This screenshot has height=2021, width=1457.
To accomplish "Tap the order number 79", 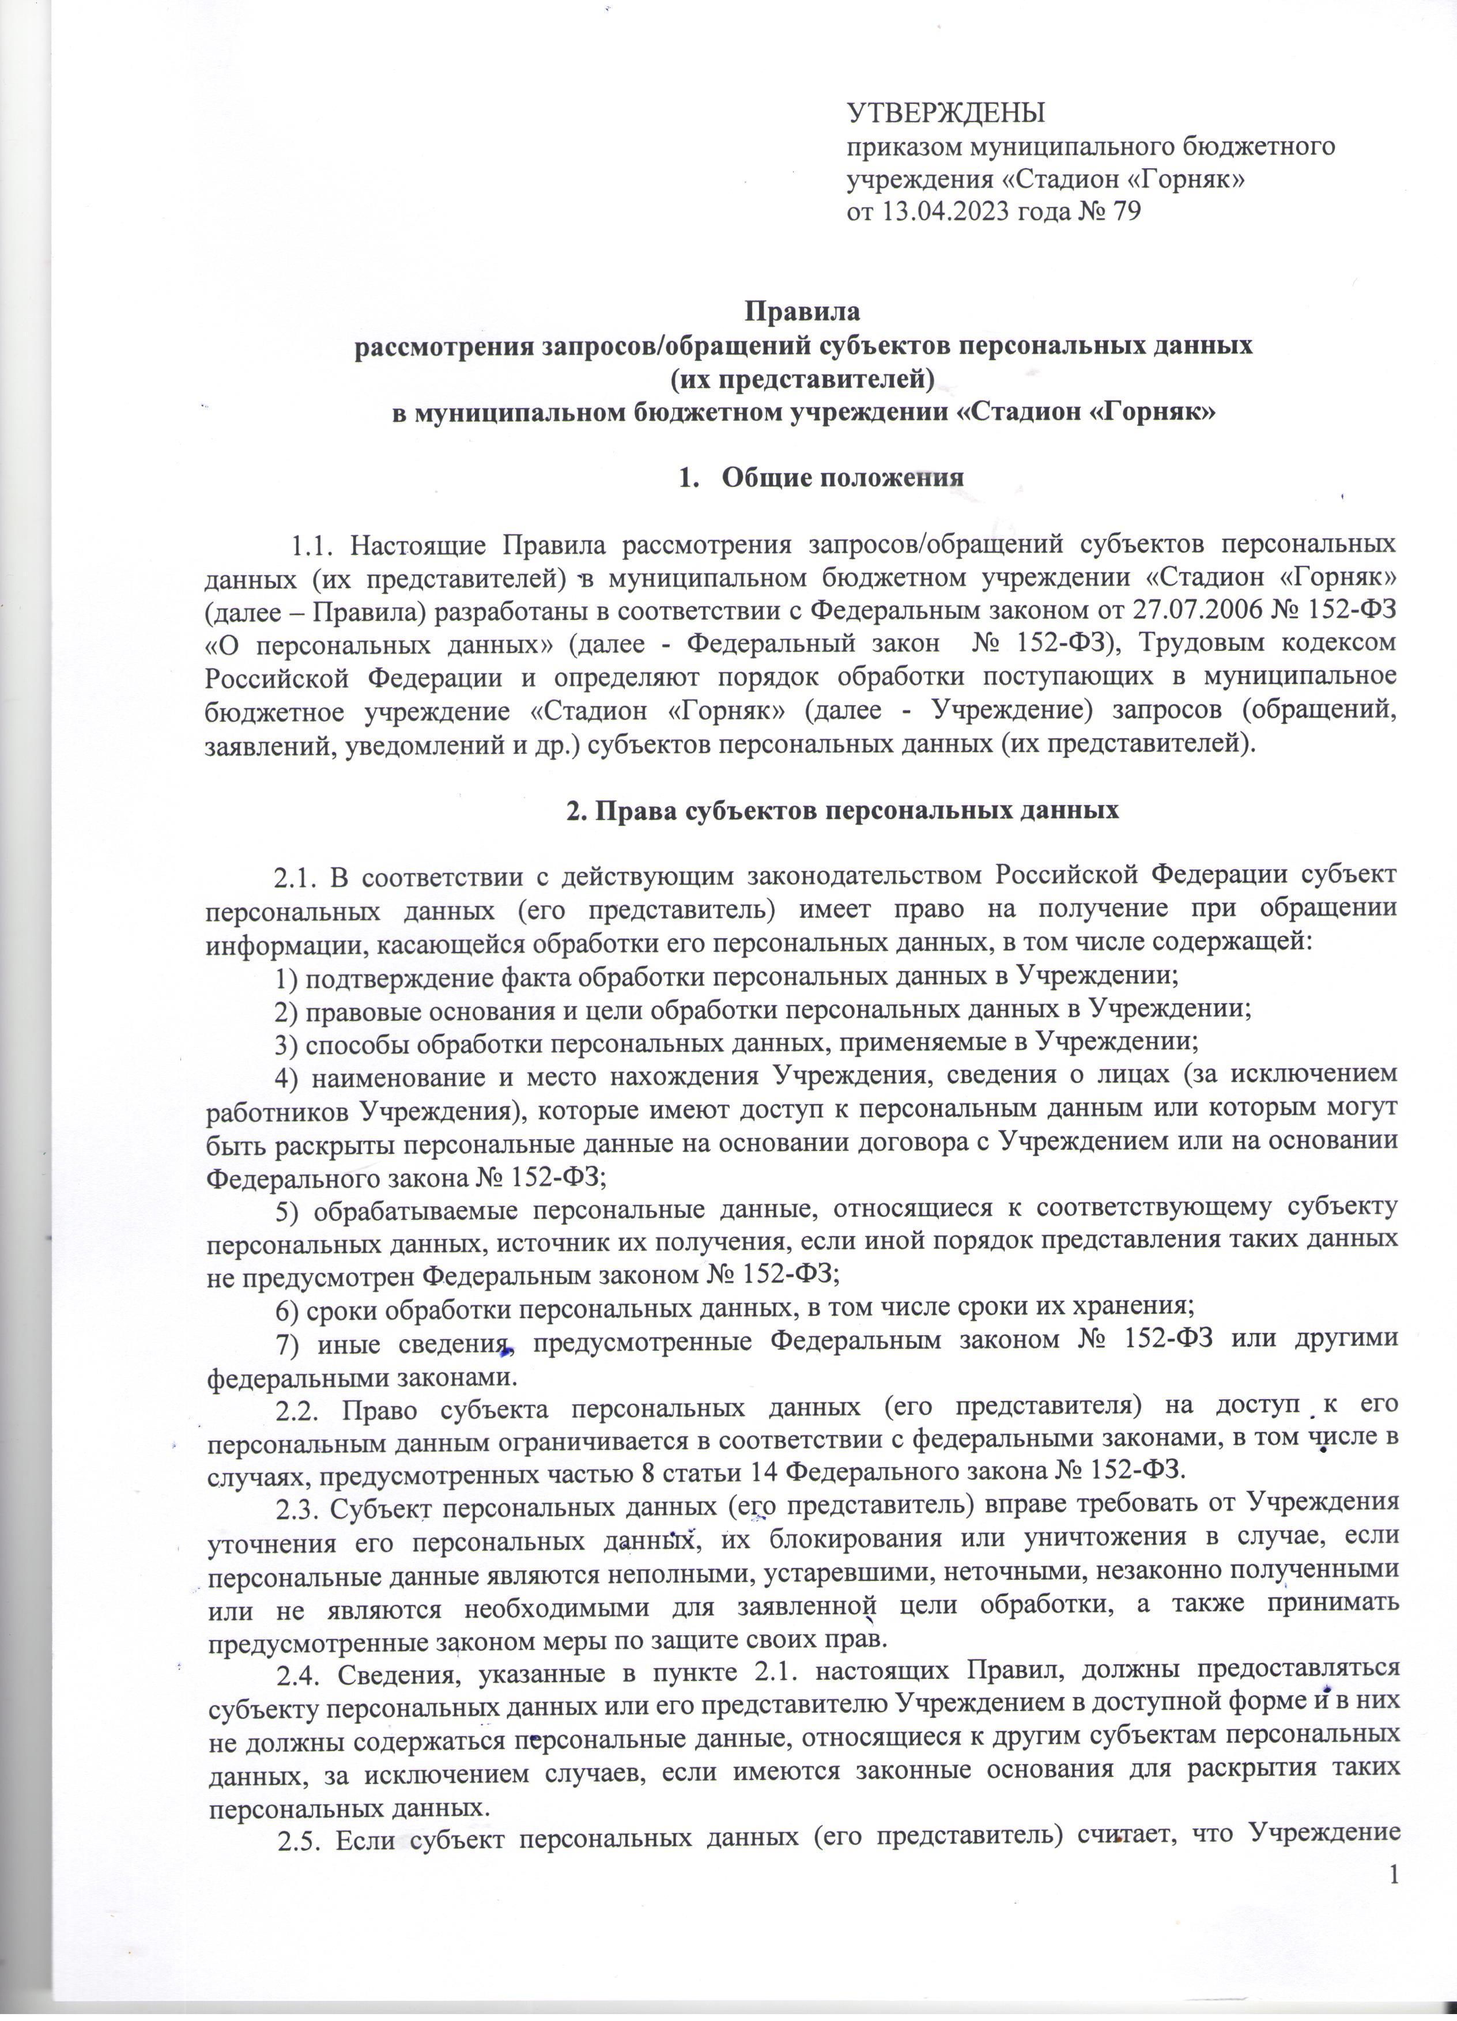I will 1126,212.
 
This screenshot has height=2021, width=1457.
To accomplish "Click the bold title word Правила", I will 802,313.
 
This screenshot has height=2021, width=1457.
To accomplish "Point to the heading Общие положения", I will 842,477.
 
